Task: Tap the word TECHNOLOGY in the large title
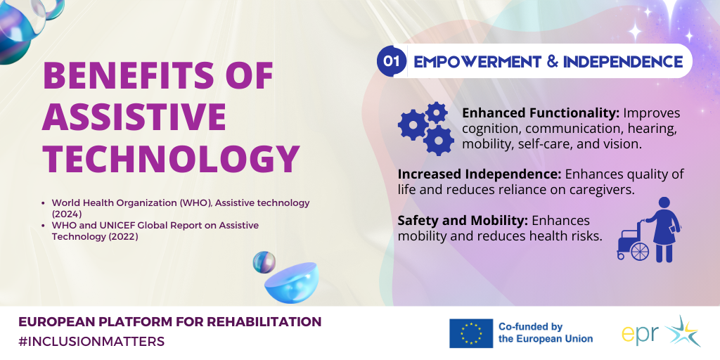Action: pos(172,159)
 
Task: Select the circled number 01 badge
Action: pos(391,61)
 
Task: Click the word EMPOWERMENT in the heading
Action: pos(476,61)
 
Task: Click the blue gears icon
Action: pos(427,128)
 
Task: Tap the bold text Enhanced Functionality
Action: pos(541,113)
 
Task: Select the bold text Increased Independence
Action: pos(480,174)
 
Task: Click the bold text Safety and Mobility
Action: pos(463,221)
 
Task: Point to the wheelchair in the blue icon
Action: pos(633,242)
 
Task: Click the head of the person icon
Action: pos(664,203)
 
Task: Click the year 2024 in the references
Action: pos(67,214)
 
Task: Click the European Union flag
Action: pos(470,333)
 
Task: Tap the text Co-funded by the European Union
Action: pos(546,333)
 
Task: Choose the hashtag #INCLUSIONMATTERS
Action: pos(91,342)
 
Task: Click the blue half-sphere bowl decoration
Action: pos(292,283)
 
